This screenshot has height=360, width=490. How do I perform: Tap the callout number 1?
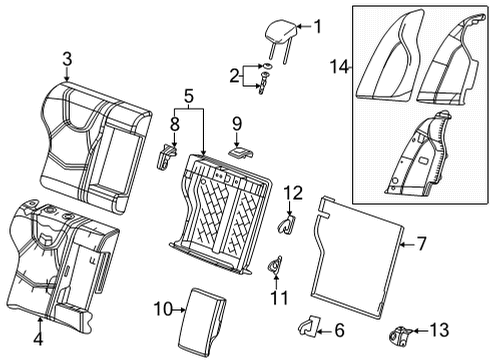coord(318,27)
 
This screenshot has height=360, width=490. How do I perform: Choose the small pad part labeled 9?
coord(239,153)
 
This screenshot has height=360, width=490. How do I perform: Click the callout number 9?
coord(237,124)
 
